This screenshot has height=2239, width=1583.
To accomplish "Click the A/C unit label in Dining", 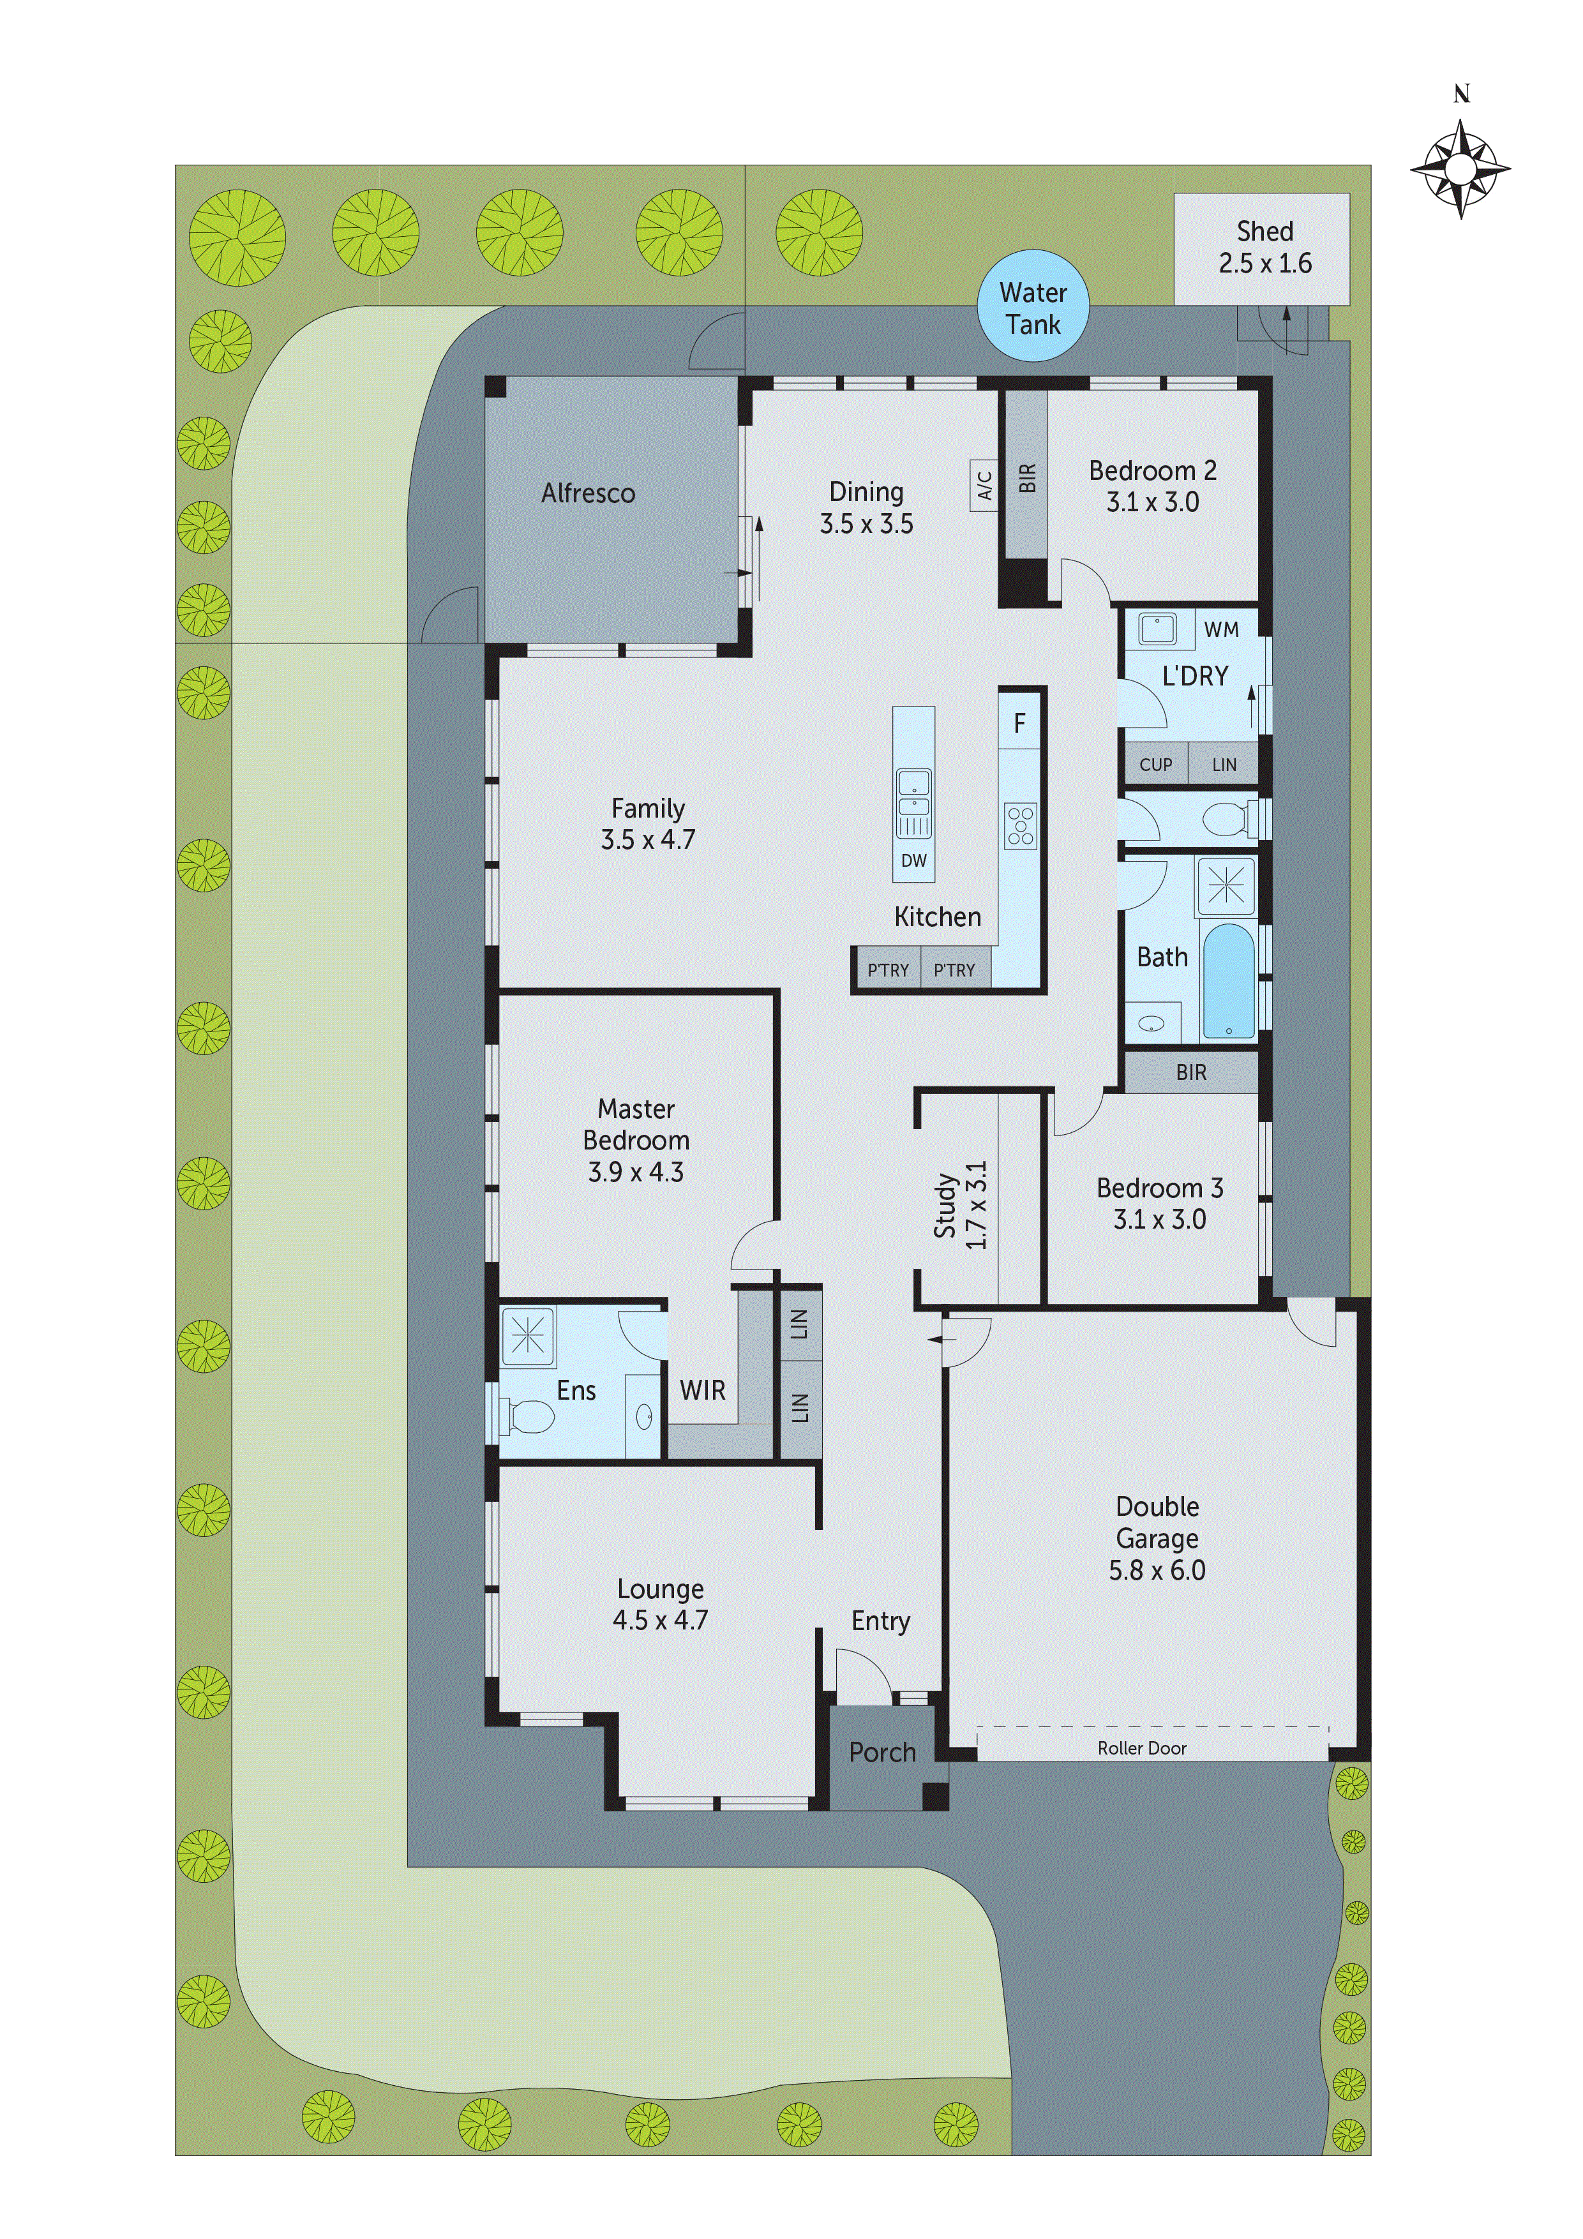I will click(x=984, y=484).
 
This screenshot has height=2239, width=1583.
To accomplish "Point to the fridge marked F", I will click(x=1019, y=723).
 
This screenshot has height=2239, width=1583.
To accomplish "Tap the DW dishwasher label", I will click(x=914, y=860).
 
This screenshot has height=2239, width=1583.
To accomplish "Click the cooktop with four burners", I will click(x=1020, y=825).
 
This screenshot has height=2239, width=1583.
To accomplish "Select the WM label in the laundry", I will click(x=1221, y=630).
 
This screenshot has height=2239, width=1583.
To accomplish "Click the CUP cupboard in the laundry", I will click(x=1156, y=765).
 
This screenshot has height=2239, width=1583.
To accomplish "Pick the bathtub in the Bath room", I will click(x=1229, y=981).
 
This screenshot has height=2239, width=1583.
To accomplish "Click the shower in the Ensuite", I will click(x=528, y=1335).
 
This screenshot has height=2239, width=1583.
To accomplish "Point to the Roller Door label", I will click(x=1142, y=1748).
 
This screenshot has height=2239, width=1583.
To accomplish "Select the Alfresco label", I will click(x=588, y=493).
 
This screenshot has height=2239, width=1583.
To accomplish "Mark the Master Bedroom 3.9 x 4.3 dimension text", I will click(x=636, y=1171).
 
